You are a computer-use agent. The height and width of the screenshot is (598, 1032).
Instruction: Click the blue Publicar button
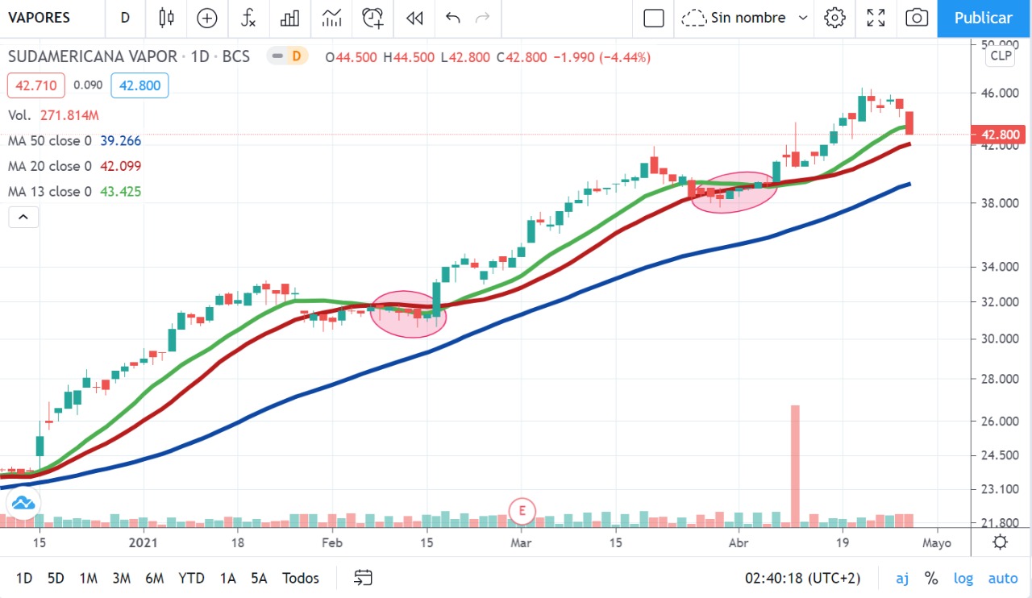984,18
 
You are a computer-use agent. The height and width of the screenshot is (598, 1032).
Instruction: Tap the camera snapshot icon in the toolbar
916,18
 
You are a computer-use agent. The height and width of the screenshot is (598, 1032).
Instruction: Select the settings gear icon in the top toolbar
835,18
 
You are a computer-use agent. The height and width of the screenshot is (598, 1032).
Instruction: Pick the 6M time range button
155,578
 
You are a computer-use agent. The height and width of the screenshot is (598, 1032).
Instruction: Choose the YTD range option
191,578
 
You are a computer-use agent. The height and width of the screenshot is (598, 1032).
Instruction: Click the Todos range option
301,578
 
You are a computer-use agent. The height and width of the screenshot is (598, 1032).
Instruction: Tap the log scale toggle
963,578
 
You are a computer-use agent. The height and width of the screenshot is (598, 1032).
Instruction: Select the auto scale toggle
1003,578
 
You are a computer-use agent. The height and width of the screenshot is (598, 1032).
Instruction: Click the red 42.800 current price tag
999,135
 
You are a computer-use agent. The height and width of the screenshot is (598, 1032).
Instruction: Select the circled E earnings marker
522,511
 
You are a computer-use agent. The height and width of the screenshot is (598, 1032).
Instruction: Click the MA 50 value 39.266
121,141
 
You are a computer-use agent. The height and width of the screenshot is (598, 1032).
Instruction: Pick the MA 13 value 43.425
121,192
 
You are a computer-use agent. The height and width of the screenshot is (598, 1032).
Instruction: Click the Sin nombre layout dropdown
744,18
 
